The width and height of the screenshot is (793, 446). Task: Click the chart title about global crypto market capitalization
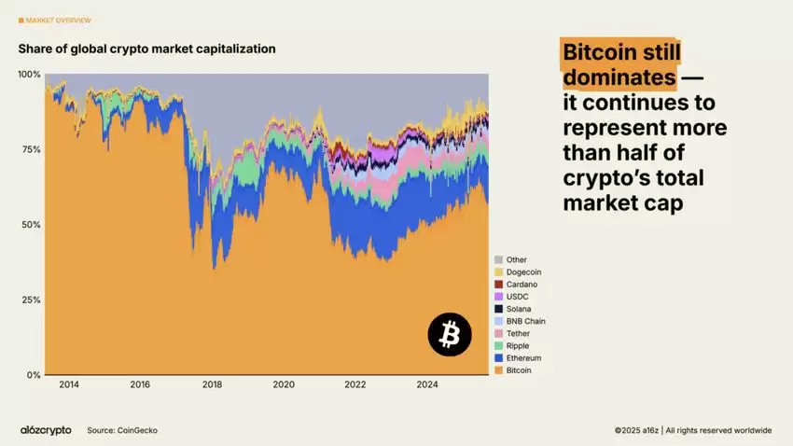click(146, 49)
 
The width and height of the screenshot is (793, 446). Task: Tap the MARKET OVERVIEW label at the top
click(58, 20)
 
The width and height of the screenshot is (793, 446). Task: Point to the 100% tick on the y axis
click(30, 74)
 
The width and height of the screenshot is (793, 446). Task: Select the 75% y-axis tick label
click(32, 149)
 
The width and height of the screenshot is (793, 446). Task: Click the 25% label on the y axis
click(32, 300)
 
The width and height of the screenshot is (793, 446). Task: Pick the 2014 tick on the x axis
click(68, 384)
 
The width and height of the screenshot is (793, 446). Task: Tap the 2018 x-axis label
click(212, 384)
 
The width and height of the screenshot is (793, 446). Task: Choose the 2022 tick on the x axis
click(355, 384)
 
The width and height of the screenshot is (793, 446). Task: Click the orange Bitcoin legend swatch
click(498, 370)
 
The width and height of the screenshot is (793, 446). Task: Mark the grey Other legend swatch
click(498, 259)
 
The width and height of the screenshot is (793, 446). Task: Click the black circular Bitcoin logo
click(450, 334)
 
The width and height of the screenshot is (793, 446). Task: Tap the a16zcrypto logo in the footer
click(46, 430)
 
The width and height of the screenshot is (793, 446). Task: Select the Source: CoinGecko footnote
click(121, 430)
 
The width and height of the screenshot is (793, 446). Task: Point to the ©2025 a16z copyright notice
click(692, 430)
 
